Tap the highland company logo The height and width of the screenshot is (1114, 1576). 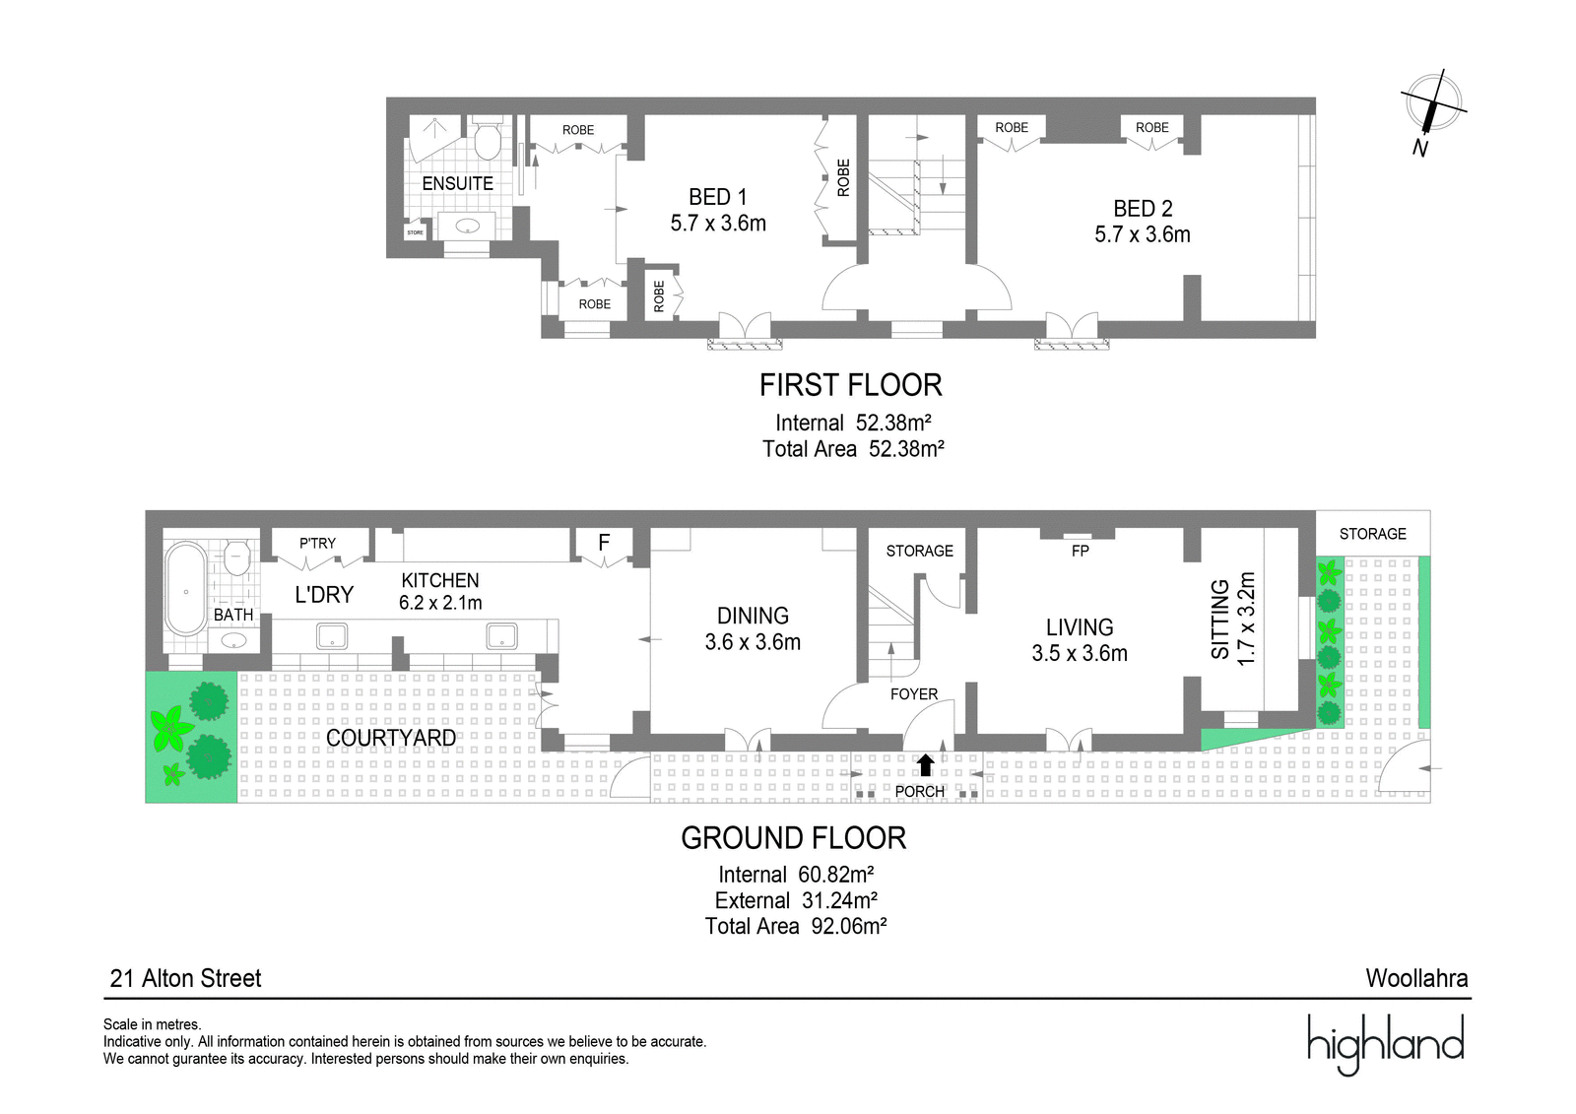coord(1385,1044)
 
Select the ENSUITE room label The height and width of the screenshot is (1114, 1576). coord(457,183)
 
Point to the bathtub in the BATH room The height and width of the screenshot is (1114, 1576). coord(186,588)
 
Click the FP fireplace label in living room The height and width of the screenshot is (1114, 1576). coord(1080,551)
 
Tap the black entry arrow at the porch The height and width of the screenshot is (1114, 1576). coord(925,765)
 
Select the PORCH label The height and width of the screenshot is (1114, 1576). coord(920,792)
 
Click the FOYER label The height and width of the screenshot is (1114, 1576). coord(914,694)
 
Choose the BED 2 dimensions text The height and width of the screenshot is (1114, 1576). coord(1143,234)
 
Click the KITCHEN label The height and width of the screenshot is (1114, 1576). coord(439,580)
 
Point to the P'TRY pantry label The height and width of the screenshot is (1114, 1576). coord(317,544)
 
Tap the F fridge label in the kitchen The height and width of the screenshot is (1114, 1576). coord(604,543)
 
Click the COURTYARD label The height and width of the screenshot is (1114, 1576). coord(391,738)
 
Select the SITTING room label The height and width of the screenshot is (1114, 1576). coord(1219,620)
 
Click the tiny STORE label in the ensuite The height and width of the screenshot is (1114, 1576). coord(415,232)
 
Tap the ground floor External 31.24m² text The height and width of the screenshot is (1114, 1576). coord(796,901)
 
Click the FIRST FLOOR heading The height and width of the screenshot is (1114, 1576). coord(851,386)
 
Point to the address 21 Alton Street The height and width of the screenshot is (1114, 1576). coord(186,978)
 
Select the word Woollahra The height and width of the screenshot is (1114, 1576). coord(1417,978)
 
